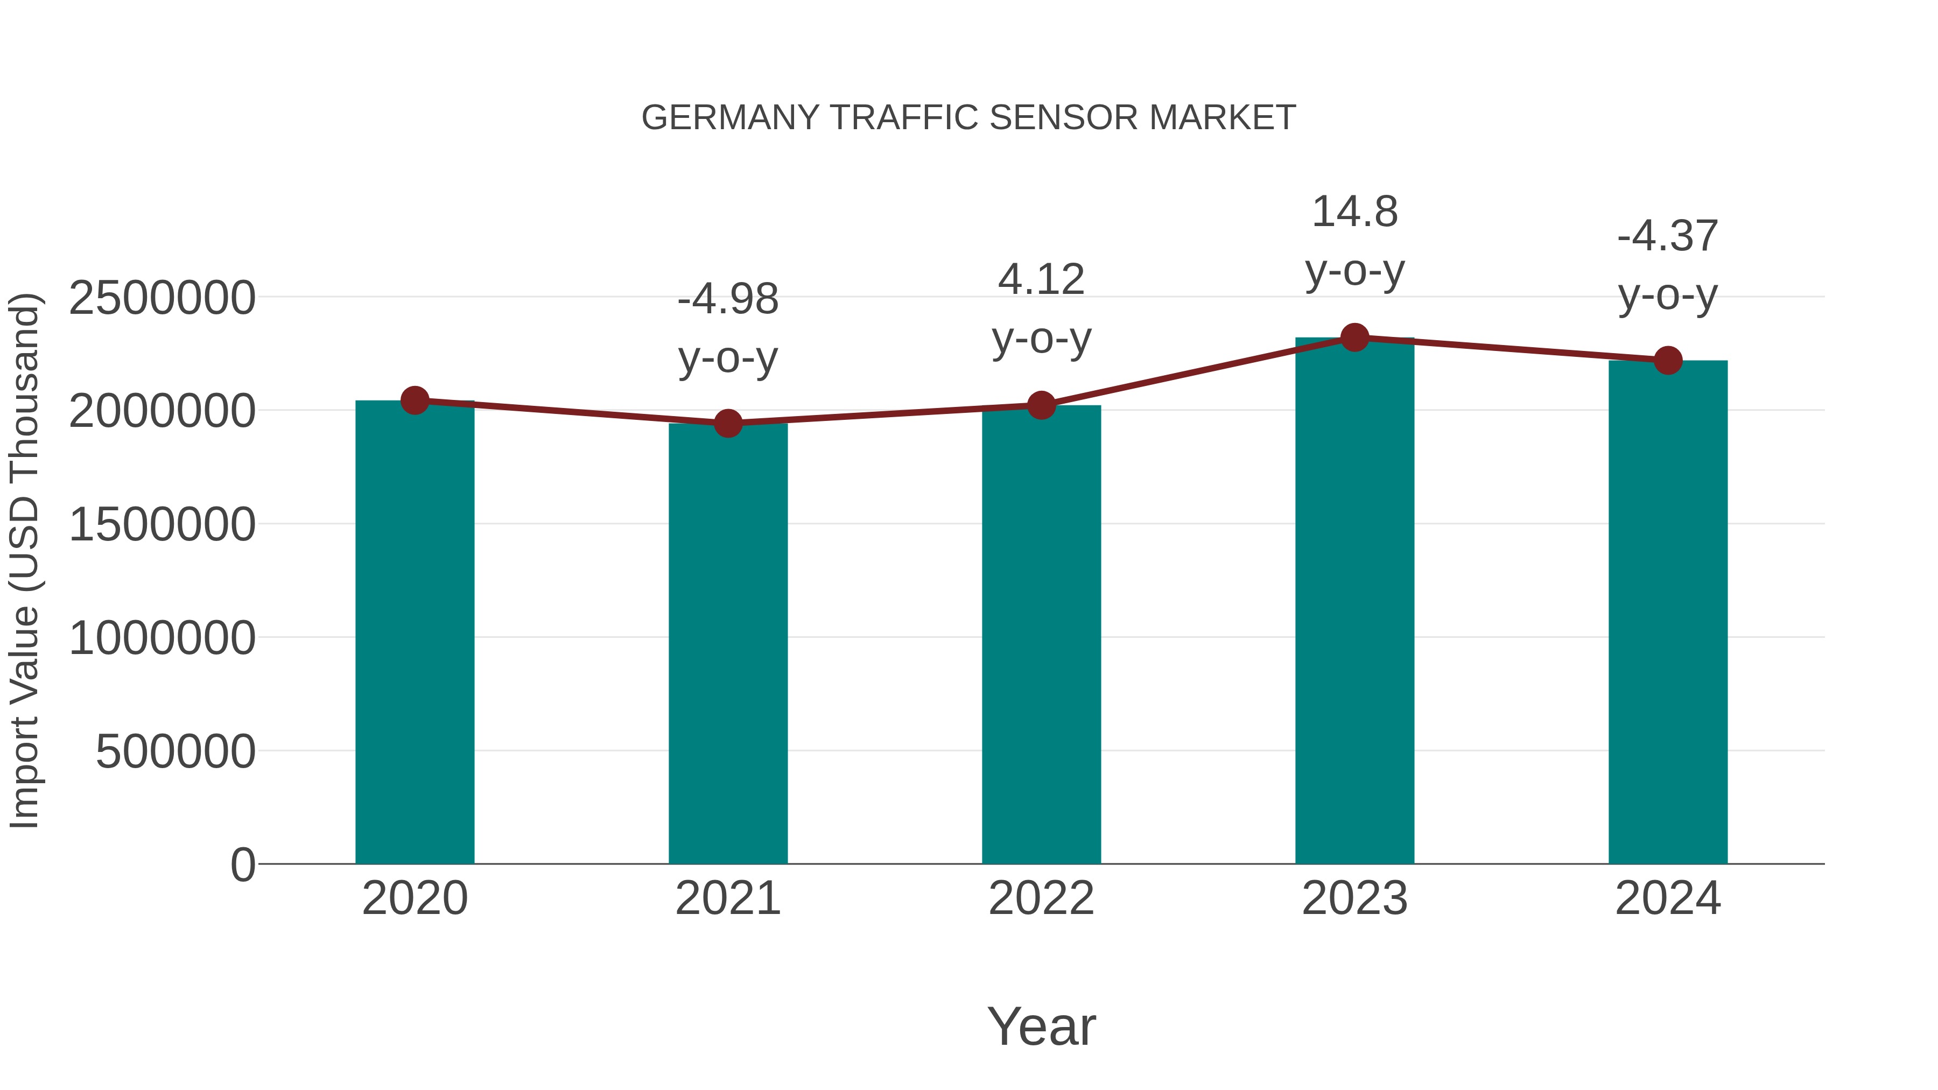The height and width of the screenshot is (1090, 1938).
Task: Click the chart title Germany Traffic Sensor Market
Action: click(x=968, y=118)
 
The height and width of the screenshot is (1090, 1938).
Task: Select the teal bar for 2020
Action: click(x=415, y=632)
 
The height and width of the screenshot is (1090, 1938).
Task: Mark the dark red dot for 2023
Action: click(x=1354, y=337)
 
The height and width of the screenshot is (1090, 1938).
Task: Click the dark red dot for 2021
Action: click(x=727, y=424)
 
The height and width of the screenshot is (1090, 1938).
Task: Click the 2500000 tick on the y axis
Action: click(x=161, y=298)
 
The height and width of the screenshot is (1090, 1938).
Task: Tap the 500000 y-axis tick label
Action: click(x=175, y=751)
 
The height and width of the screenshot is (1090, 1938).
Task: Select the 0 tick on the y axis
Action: click(x=242, y=865)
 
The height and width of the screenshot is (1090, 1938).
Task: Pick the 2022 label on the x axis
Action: click(x=1041, y=898)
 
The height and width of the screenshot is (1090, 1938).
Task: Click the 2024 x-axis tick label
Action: click(x=1668, y=898)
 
